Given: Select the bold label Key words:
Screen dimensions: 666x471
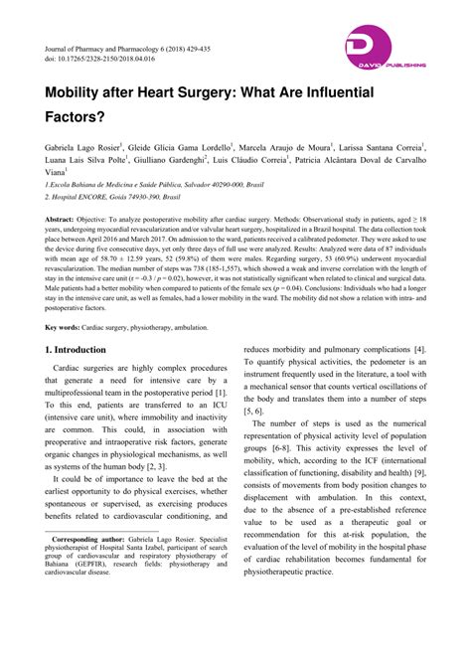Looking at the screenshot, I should click(x=69, y=327).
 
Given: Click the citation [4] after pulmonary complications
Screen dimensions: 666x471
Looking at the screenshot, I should click(x=420, y=350).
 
